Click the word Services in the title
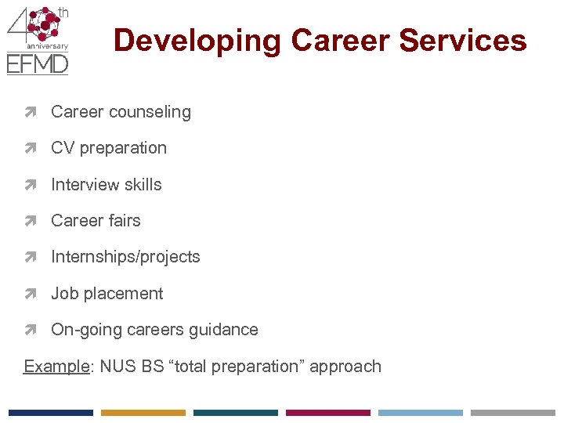coord(467,41)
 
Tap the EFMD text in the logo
coord(37,63)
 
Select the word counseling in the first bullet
coord(154,112)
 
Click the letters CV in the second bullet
coord(63,148)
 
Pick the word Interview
coord(81,185)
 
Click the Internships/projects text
coord(125,257)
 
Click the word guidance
coord(225,330)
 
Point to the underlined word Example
coord(56,367)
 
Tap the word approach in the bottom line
coord(345,367)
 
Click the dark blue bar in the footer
coord(50,412)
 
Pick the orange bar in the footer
coord(143,412)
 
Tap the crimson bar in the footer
coord(327,412)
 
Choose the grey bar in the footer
coord(512,412)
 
